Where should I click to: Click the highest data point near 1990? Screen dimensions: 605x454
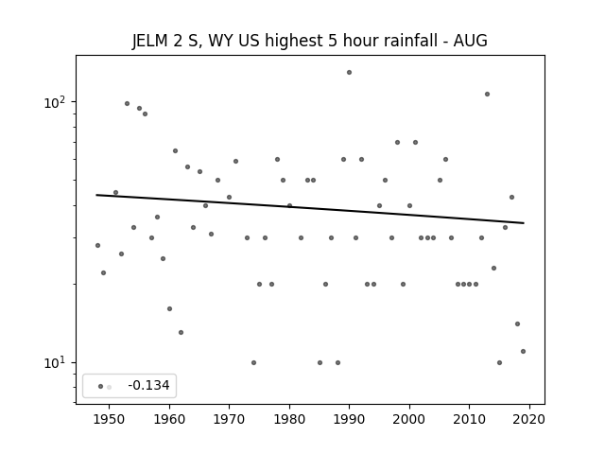click(349, 72)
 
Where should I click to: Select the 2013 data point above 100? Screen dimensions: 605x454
click(488, 95)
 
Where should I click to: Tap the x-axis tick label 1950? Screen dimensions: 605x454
click(109, 419)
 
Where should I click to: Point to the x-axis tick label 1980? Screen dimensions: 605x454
click(289, 419)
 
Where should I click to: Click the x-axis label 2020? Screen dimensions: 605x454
click(529, 419)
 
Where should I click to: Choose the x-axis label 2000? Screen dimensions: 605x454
click(409, 419)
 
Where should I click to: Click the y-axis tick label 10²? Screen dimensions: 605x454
click(55, 102)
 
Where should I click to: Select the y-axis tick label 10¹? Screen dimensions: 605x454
click(55, 363)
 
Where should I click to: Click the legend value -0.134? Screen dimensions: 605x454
click(149, 385)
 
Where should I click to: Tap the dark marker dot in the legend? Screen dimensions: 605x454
click(101, 387)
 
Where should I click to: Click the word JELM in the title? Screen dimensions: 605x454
click(150, 41)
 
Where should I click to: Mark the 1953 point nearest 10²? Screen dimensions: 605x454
click(127, 103)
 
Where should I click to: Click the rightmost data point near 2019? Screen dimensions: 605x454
click(523, 351)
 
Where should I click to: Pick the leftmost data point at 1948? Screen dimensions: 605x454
click(97, 246)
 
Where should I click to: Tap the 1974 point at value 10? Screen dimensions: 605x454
click(253, 363)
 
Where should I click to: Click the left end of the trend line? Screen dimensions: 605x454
click(96, 195)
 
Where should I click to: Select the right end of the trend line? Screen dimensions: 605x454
click(524, 223)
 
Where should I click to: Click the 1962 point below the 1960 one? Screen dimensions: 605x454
click(181, 332)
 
